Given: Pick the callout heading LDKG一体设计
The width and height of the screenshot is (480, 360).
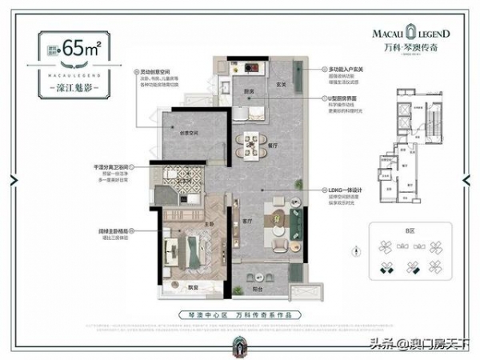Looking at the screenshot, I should pos(342,189).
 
